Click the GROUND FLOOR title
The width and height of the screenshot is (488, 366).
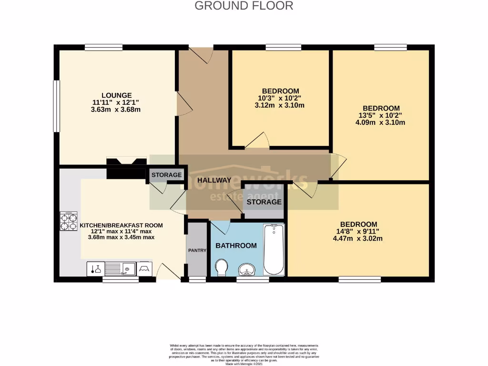pyautogui.click(x=244, y=6)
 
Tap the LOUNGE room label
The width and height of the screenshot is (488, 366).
pyautogui.click(x=116, y=95)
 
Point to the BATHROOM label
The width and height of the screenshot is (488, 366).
pyautogui.click(x=236, y=246)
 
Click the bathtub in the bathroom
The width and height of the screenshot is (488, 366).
pyautogui.click(x=274, y=250)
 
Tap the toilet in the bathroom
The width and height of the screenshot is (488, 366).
pyautogui.click(x=221, y=267)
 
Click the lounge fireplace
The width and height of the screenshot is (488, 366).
pyautogui.click(x=126, y=162)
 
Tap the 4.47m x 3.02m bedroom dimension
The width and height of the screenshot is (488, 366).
pyautogui.click(x=358, y=239)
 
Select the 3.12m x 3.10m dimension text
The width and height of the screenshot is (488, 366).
pyautogui.click(x=280, y=105)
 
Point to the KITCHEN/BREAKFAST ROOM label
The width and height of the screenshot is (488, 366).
pyautogui.click(x=121, y=225)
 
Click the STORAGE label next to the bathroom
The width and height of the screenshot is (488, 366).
pyautogui.click(x=264, y=202)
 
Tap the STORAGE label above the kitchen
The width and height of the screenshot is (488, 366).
pyautogui.click(x=166, y=175)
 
